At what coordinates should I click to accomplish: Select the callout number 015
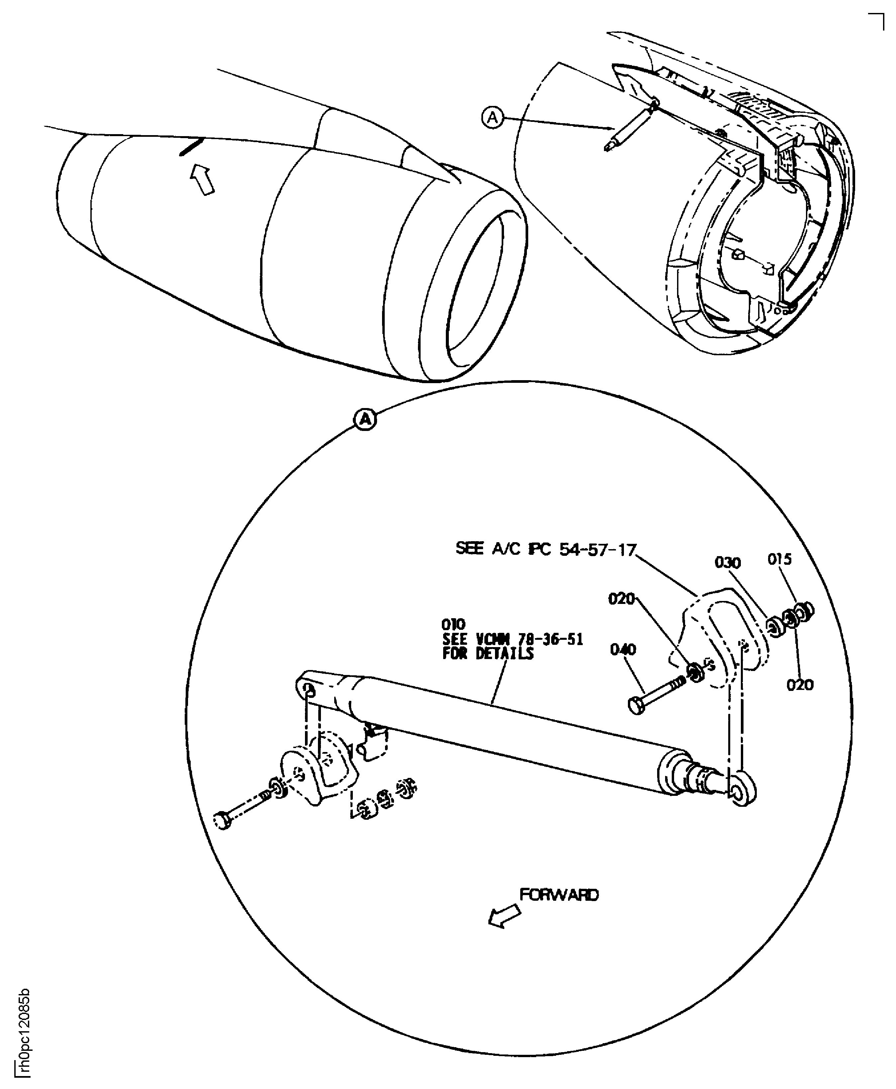pos(779,559)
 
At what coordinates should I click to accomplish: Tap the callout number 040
pos(623,649)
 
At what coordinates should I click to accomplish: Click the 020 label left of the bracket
pos(621,599)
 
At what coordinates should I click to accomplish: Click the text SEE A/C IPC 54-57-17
pos(546,549)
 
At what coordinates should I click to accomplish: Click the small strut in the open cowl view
pos(630,126)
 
